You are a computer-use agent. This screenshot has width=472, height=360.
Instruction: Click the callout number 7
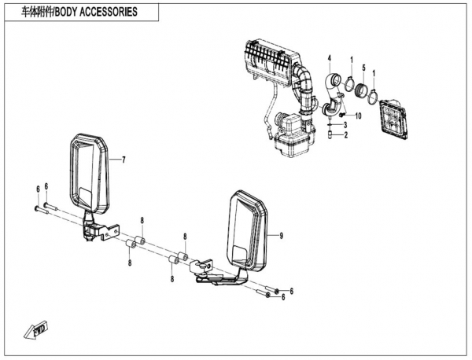124,160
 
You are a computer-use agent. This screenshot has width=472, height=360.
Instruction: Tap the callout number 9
281,236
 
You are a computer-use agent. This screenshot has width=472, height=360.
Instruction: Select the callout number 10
358,116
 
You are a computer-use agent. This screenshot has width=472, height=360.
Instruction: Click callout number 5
363,68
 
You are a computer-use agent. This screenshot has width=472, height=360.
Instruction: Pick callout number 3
345,124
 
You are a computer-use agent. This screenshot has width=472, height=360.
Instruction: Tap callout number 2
345,135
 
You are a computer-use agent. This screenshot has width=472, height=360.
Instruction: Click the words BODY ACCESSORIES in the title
96,12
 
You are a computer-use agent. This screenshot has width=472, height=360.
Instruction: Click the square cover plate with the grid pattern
394,119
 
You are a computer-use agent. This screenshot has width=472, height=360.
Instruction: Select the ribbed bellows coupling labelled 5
361,90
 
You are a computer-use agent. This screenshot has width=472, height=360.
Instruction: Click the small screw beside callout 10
342,115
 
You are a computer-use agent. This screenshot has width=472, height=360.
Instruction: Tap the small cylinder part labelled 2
330,134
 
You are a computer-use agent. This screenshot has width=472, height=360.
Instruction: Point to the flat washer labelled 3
330,124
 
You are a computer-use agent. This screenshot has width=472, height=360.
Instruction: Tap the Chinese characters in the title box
37,12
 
